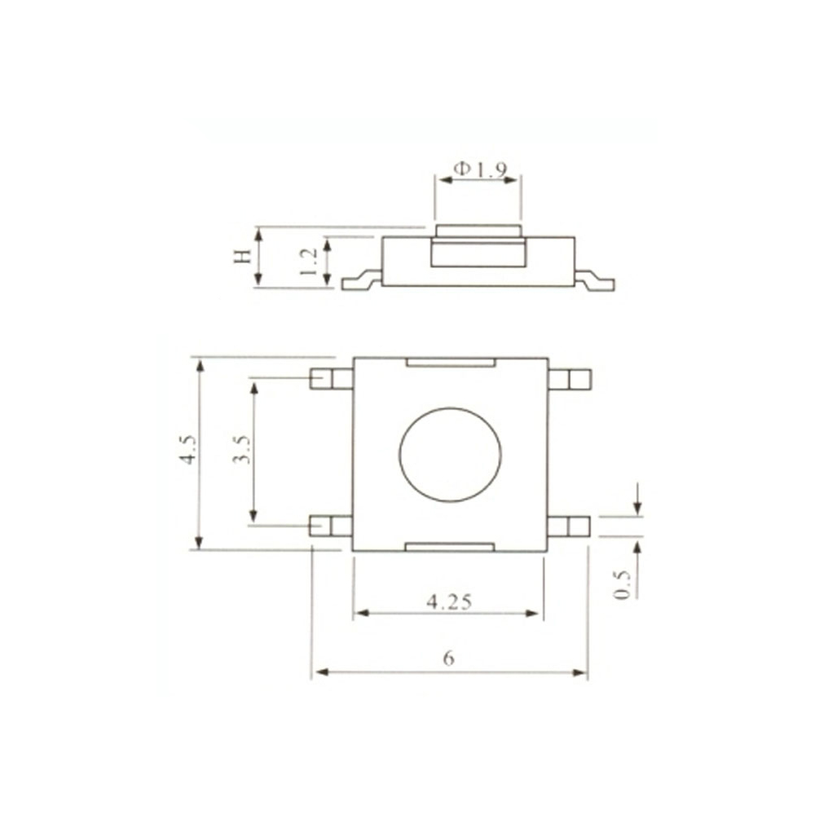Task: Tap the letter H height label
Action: tap(242, 258)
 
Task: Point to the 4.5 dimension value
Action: tap(188, 450)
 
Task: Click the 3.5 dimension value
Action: tap(240, 450)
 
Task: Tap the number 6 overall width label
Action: tap(448, 659)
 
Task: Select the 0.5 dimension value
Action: tap(623, 584)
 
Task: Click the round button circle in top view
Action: tap(449, 454)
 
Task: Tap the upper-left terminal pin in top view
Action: tap(331, 379)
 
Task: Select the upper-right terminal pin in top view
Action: tap(569, 379)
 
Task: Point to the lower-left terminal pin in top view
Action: tap(331, 526)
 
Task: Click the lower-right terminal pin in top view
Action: tap(569, 526)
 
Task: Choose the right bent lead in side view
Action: tap(595, 281)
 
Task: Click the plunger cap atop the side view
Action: tap(478, 231)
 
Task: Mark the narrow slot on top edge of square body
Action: tap(450, 362)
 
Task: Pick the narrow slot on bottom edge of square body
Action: tap(450, 546)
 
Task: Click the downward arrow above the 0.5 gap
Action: tap(637, 499)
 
